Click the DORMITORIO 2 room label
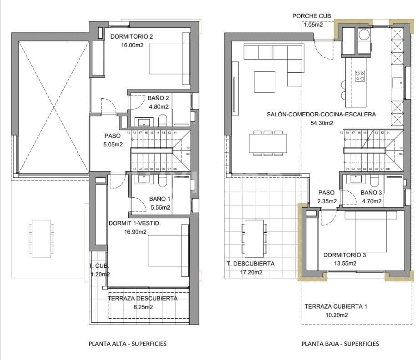click(x=132, y=37)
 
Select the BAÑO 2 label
click(x=158, y=98)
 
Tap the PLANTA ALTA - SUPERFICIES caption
click(x=127, y=344)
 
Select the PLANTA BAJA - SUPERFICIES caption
click(x=340, y=344)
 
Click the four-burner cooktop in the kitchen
click(x=360, y=75)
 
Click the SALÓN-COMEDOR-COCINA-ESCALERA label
click(x=321, y=115)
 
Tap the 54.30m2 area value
click(x=321, y=123)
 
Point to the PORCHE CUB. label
click(x=312, y=16)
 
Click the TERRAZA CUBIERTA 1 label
click(x=335, y=306)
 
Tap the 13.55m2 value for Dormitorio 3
click(x=344, y=263)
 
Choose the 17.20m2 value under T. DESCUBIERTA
click(x=251, y=272)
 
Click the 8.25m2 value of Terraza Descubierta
click(x=142, y=307)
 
